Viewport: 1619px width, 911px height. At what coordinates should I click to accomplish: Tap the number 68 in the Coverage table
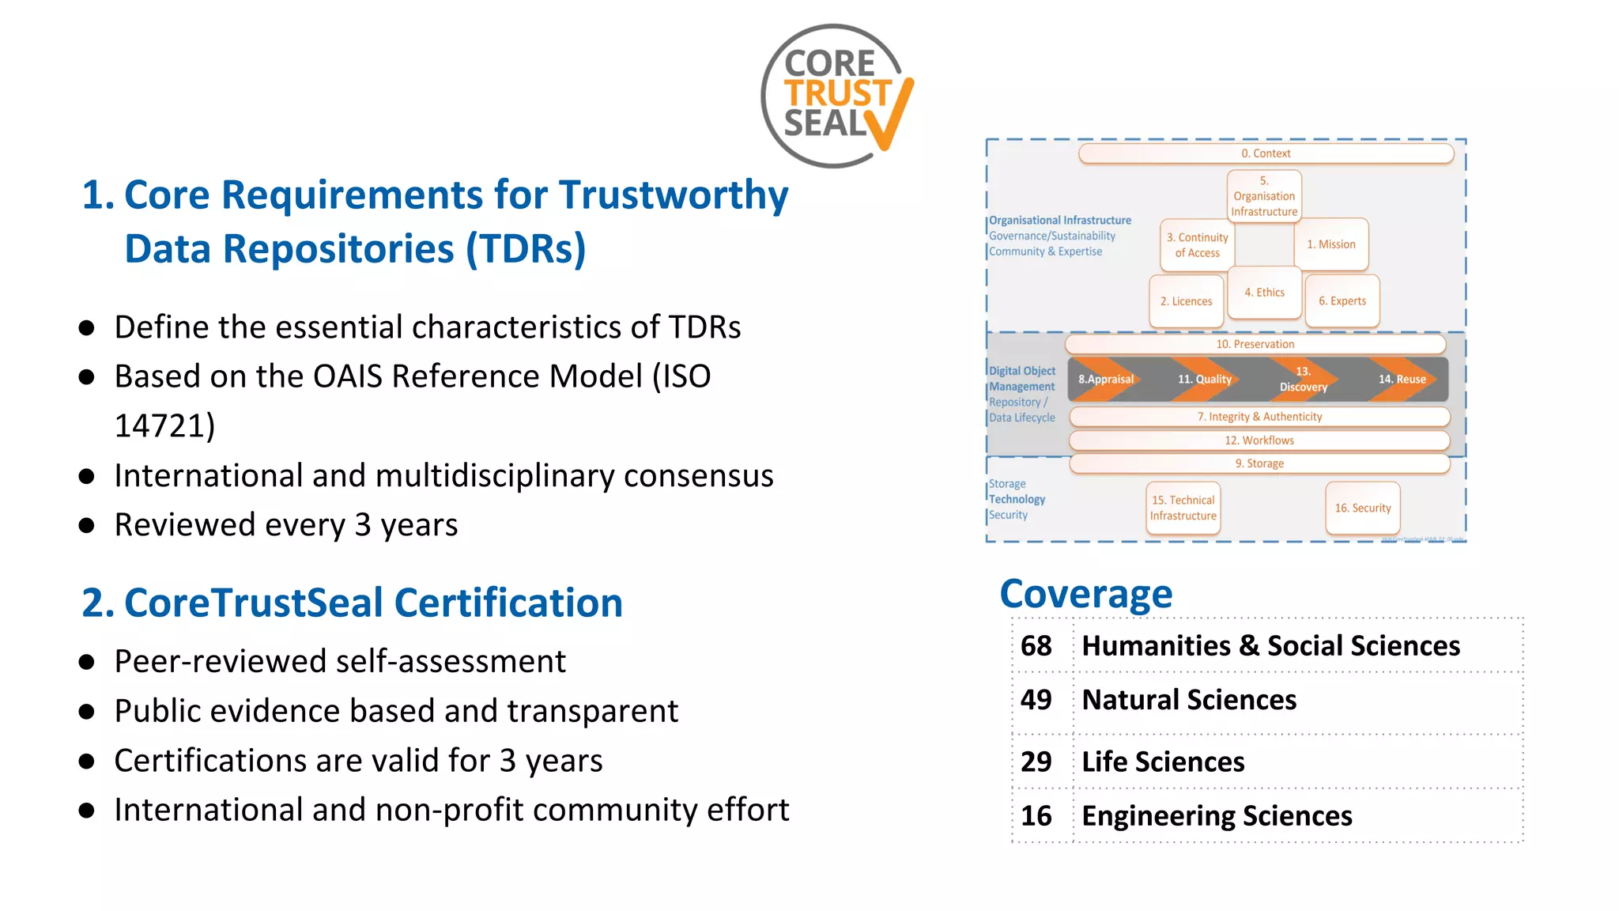1036,646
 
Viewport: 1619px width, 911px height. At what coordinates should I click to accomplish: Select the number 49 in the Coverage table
1036,700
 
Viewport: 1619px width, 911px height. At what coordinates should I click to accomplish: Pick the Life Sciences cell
1163,762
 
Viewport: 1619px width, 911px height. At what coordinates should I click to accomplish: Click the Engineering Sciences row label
1217,815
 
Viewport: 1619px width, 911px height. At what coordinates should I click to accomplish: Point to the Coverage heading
1085,594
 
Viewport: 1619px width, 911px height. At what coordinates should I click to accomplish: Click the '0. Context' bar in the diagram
1265,153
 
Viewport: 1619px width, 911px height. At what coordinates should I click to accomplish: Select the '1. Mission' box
1331,244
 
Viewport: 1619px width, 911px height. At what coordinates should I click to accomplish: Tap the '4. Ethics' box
1264,293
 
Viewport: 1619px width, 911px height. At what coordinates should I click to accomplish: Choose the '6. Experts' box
1342,301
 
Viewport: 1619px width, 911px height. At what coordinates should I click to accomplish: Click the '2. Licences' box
1186,301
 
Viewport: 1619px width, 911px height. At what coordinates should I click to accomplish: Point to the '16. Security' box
1362,508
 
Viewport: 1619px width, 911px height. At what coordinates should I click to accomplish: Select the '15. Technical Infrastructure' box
1183,508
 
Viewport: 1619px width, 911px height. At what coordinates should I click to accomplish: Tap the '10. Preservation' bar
1255,344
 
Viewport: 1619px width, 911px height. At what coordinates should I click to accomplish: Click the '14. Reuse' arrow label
1402,380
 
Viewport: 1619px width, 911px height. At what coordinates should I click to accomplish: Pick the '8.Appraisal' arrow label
1106,380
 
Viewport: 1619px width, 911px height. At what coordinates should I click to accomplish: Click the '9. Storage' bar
1259,463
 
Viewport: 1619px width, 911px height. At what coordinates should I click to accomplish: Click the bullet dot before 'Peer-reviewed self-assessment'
87,663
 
